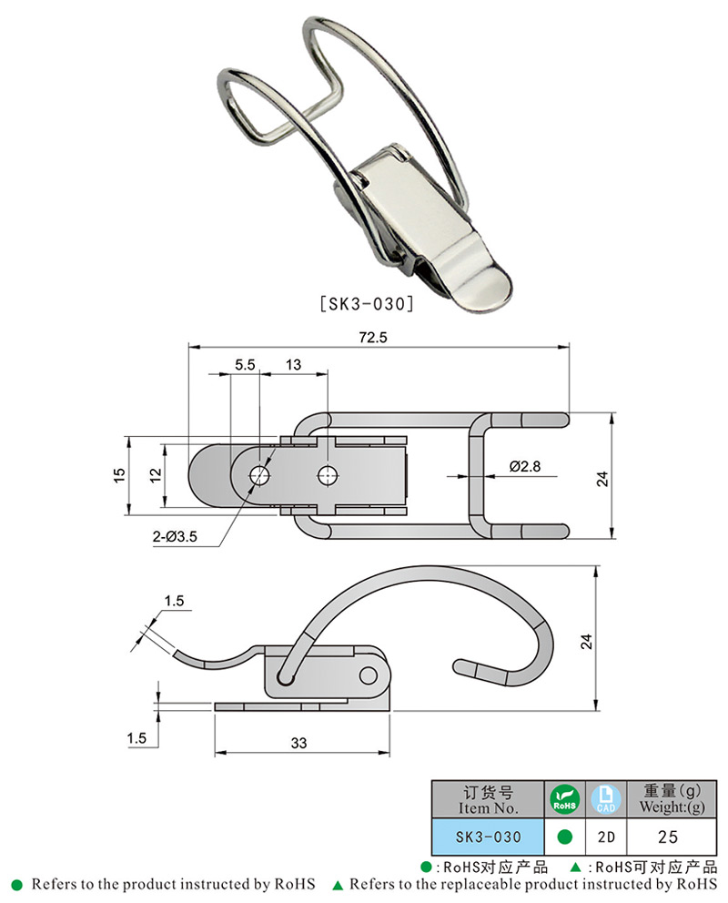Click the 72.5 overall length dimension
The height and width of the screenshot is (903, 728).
[x=374, y=337]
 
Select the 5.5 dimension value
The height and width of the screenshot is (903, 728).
[x=244, y=365]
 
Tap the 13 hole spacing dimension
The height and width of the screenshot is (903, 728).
[x=293, y=365]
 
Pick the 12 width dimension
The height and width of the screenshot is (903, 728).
[x=156, y=474]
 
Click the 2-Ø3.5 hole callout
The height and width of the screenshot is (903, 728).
[x=175, y=538]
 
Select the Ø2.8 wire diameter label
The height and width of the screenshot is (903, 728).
[x=526, y=466]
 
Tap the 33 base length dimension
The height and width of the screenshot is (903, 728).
[x=298, y=743]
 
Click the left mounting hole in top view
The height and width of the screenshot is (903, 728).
[x=259, y=475]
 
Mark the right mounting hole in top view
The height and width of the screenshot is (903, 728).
[x=327, y=475]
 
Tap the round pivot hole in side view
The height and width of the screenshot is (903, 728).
[x=369, y=675]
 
